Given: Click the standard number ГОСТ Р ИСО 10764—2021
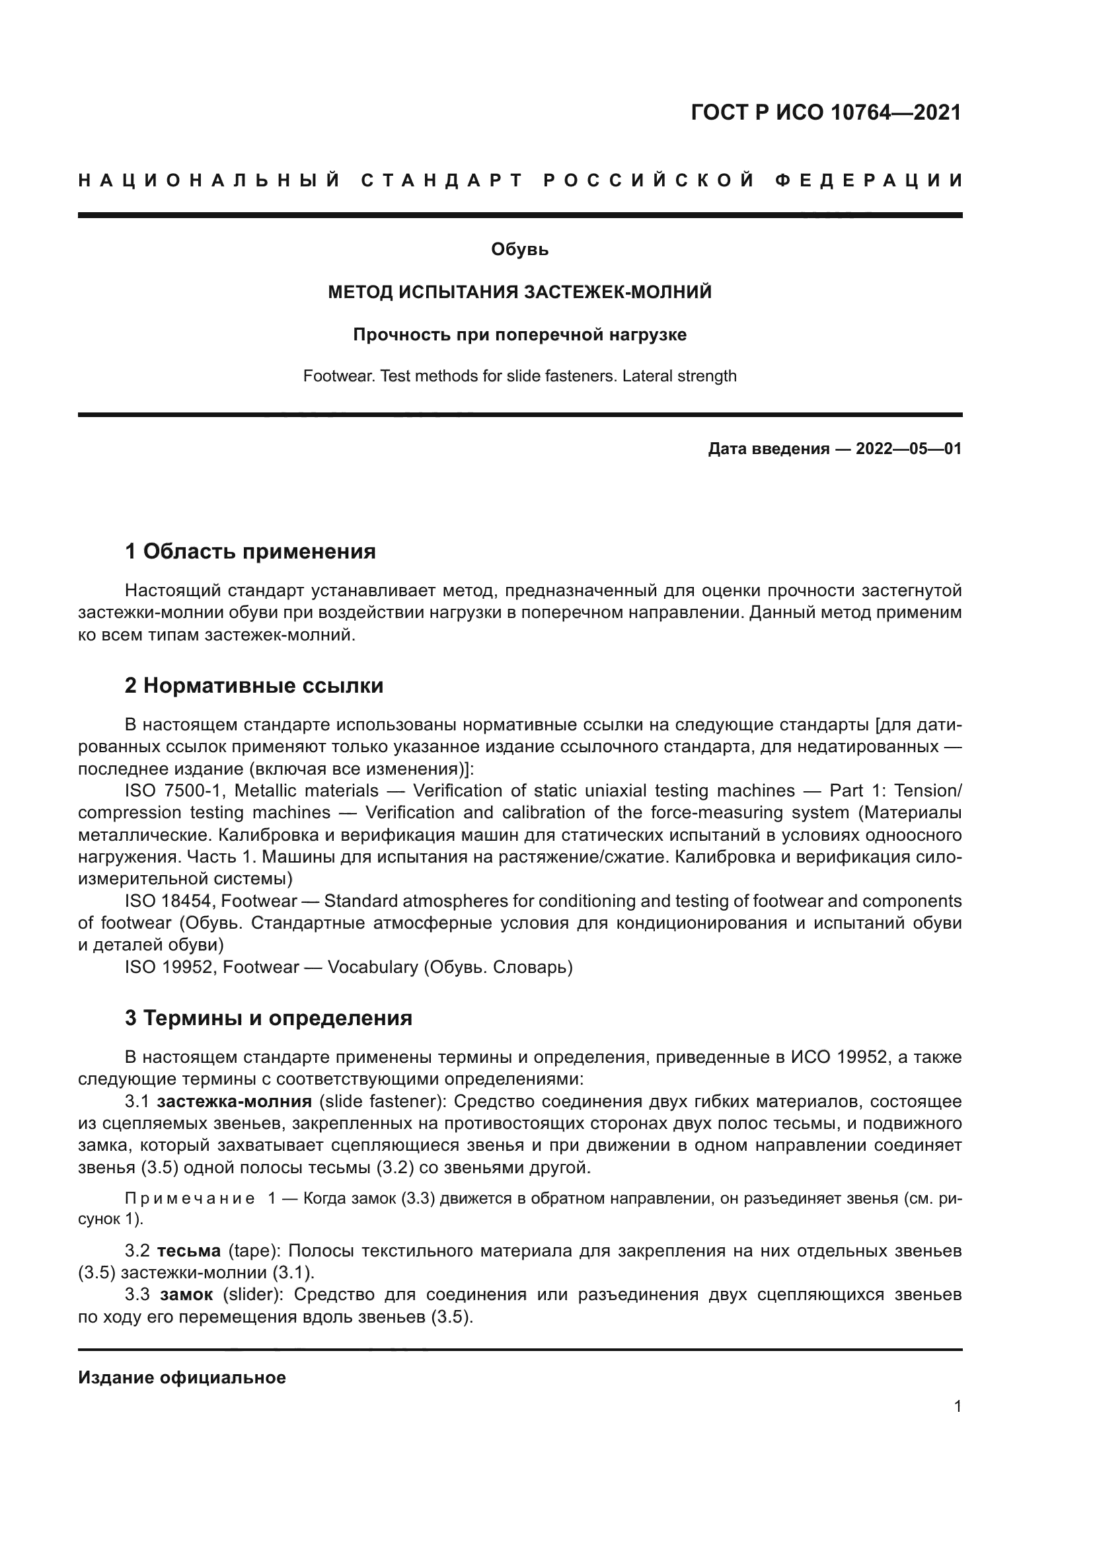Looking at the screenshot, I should (x=826, y=112).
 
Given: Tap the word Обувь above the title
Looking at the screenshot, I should (x=519, y=250).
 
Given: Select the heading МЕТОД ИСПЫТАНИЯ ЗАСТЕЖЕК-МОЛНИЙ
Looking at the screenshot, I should (x=519, y=292).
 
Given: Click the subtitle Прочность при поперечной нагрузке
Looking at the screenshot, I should (x=519, y=334).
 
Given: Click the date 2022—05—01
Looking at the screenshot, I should (x=908, y=448).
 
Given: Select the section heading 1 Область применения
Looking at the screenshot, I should (x=250, y=551).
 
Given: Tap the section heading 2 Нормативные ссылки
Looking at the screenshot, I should (x=254, y=685).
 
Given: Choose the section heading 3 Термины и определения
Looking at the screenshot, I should (x=268, y=1018).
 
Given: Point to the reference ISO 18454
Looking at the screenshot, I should (x=169, y=901).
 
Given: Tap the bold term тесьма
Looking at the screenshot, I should (x=188, y=1251).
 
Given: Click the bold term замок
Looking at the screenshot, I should (x=186, y=1295).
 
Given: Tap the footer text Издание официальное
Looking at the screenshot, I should (x=182, y=1377).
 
